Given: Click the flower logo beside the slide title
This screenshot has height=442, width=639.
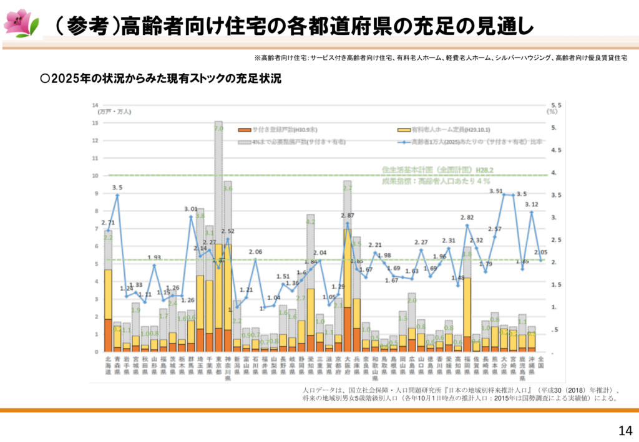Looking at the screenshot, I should [x=20, y=22].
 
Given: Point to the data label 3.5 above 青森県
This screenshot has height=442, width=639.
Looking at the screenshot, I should [x=117, y=187].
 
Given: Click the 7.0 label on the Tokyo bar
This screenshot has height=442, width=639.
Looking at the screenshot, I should [x=218, y=128].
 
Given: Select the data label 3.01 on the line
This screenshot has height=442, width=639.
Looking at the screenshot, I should [x=190, y=209].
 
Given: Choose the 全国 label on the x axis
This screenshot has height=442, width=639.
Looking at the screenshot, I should [x=540, y=362].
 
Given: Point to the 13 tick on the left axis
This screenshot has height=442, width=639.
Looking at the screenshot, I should [x=95, y=123].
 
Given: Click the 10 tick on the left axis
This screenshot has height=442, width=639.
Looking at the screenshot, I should [x=95, y=176].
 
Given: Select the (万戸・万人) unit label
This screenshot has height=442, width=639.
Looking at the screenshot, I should [x=114, y=112].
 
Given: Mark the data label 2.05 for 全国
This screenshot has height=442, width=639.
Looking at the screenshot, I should [x=541, y=252].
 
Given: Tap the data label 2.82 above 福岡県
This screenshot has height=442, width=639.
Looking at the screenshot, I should [x=467, y=218].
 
